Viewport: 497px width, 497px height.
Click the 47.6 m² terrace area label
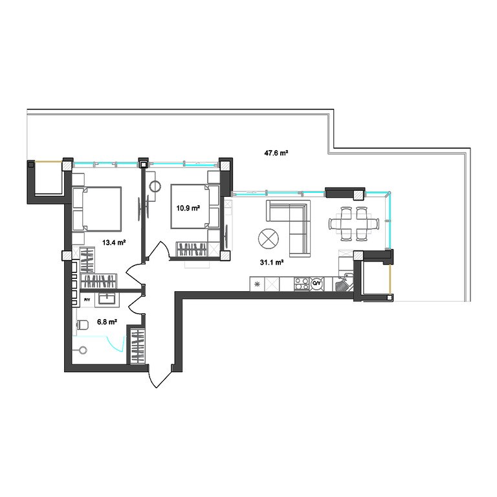point(276,153)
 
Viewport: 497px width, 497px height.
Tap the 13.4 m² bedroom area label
point(114,243)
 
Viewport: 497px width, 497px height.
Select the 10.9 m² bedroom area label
point(188,208)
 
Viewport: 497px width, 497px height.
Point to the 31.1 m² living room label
point(271,263)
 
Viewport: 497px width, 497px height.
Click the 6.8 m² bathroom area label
point(107,322)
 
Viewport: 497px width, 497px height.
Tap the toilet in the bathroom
point(82,324)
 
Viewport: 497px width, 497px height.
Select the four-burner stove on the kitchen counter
point(302,283)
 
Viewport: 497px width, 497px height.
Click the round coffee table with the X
point(269,239)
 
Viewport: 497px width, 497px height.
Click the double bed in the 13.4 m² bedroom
point(97,209)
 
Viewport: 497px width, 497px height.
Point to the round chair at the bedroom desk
point(155,186)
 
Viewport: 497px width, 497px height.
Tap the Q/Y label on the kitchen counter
point(316,283)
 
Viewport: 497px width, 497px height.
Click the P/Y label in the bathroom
point(87,300)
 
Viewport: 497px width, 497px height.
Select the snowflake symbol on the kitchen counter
point(257,284)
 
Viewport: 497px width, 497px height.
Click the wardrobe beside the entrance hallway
point(138,346)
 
